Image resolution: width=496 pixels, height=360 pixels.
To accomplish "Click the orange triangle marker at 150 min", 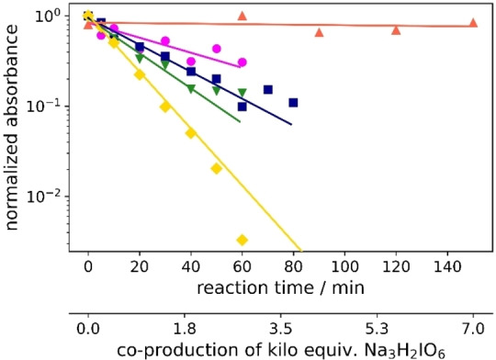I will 473,23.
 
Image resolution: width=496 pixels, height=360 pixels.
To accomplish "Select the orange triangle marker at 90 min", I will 319,32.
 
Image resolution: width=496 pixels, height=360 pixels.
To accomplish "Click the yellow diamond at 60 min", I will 242,240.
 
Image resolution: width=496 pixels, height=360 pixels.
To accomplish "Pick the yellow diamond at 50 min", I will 217,168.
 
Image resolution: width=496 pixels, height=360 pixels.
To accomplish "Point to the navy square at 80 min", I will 294,103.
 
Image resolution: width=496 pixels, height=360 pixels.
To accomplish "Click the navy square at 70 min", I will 268,90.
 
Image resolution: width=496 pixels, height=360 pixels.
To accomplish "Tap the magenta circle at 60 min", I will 242,62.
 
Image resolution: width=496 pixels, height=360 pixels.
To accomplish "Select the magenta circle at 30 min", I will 165,40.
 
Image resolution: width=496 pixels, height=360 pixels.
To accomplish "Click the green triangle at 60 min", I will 242,93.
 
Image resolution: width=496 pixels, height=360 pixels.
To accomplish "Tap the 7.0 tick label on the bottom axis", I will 473,326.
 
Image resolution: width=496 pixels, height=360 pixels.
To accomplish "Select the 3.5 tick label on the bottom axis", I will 280,326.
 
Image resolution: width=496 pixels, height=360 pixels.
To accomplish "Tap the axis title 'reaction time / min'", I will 280,288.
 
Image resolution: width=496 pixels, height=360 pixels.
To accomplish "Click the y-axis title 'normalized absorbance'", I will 14,129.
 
